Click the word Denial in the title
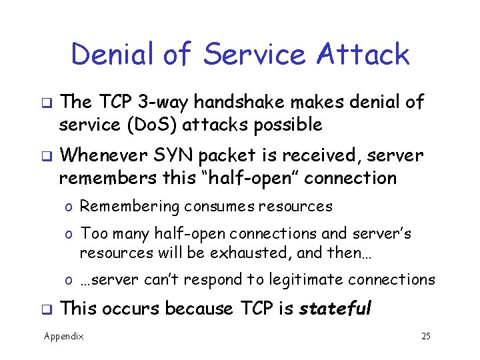click(x=114, y=54)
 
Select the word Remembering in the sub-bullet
click(x=129, y=207)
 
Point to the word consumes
click(x=217, y=207)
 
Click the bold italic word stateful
click(x=335, y=309)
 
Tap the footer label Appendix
click(x=64, y=336)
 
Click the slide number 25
click(x=425, y=336)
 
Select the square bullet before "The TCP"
click(x=48, y=103)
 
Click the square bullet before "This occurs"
click(x=48, y=310)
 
